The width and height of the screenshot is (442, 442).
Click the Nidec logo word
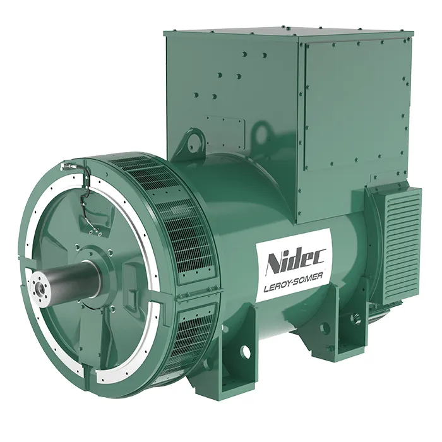pyautogui.click(x=296, y=261)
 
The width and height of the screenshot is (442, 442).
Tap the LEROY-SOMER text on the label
pyautogui.click(x=293, y=284)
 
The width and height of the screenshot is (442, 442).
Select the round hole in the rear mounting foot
pyautogui.click(x=325, y=328)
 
